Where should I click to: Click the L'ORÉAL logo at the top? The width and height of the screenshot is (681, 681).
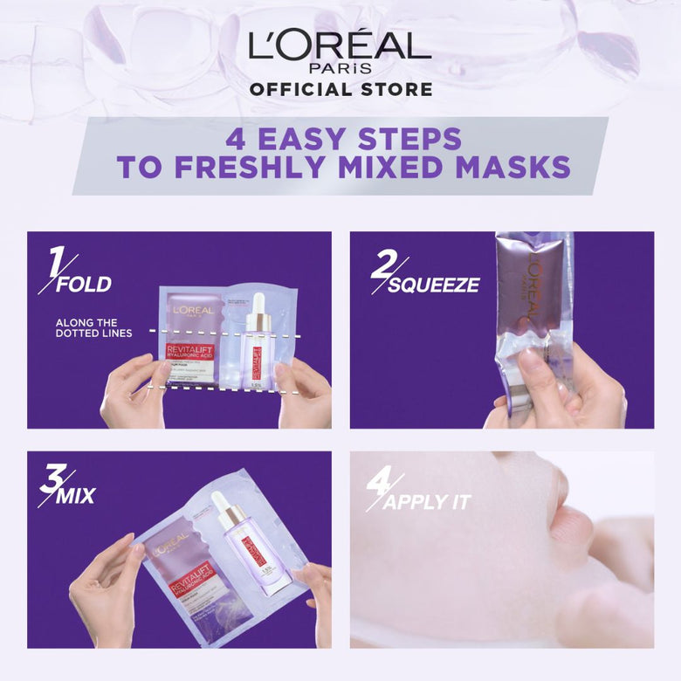click(340, 46)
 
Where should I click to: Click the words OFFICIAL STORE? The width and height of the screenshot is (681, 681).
click(340, 89)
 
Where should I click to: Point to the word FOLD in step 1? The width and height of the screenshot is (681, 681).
click(84, 285)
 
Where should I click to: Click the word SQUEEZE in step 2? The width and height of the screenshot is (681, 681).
click(433, 285)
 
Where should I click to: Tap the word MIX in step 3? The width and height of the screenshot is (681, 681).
click(78, 497)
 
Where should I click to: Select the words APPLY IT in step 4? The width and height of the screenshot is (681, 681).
click(427, 502)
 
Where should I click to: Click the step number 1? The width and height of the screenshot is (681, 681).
click(56, 262)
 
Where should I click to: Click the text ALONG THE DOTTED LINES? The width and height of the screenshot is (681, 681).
click(94, 328)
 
